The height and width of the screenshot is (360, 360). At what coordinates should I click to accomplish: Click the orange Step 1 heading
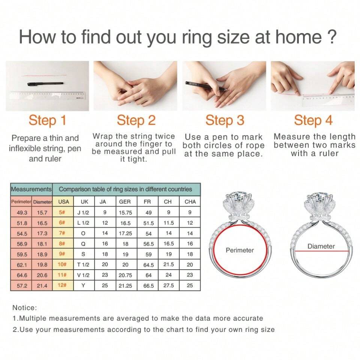47,120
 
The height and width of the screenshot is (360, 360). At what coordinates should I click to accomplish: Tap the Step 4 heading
313,120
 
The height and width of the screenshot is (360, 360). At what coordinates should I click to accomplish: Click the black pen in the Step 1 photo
46,84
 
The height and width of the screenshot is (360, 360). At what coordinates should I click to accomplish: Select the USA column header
63,202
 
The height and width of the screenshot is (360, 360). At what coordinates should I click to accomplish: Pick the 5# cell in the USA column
62,212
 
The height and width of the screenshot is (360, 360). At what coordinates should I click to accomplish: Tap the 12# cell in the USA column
62,285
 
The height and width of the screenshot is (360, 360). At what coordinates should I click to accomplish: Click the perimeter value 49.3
22,213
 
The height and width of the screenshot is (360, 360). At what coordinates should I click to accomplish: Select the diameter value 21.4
42,286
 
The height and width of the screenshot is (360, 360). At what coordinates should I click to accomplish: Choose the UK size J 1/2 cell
83,213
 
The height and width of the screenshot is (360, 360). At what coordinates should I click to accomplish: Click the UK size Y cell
83,286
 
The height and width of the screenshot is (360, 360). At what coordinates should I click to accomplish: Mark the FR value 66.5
148,286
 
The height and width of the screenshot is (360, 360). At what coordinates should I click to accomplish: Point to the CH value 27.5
168,286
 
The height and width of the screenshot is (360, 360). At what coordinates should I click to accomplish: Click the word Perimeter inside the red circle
240,250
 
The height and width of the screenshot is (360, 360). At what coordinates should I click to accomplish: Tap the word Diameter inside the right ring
321,246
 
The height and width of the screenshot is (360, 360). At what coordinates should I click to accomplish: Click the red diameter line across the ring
322,251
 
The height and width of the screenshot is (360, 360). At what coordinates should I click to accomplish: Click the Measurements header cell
31,189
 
